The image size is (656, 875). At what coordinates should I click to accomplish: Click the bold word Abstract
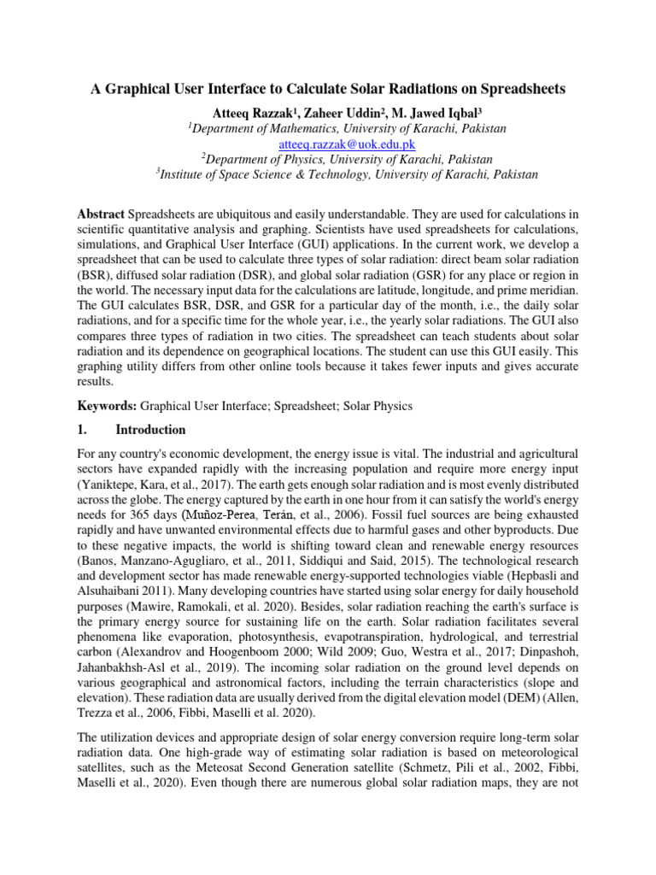101,212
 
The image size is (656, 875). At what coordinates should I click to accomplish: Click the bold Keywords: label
107,407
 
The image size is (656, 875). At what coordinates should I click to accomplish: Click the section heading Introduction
150,430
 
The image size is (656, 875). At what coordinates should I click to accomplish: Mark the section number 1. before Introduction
82,430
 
